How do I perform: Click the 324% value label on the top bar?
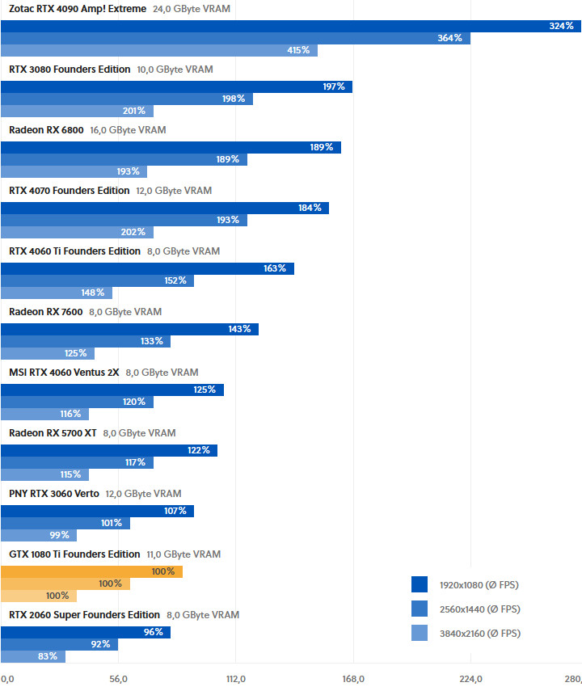[x=561, y=26]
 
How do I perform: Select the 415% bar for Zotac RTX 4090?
[x=158, y=50]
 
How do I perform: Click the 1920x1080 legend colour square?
[x=420, y=584]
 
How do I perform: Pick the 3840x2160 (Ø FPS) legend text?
[x=479, y=634]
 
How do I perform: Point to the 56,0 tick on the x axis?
[x=118, y=678]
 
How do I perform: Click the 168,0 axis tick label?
[x=353, y=678]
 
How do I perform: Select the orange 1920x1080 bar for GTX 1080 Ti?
[x=91, y=571]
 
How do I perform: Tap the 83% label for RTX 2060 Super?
[x=47, y=656]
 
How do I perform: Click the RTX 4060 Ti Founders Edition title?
[x=74, y=251]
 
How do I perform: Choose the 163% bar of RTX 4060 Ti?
[x=147, y=268]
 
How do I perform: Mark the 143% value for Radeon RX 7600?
[x=239, y=329]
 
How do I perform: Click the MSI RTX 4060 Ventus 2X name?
[x=64, y=373]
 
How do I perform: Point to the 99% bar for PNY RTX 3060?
[x=39, y=535]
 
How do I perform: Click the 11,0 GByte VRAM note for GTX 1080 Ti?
[x=183, y=554]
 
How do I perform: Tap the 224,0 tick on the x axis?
[x=470, y=678]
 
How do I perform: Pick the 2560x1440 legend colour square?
[x=420, y=609]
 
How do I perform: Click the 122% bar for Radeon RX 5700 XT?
[x=109, y=450]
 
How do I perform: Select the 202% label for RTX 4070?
[x=133, y=232]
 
